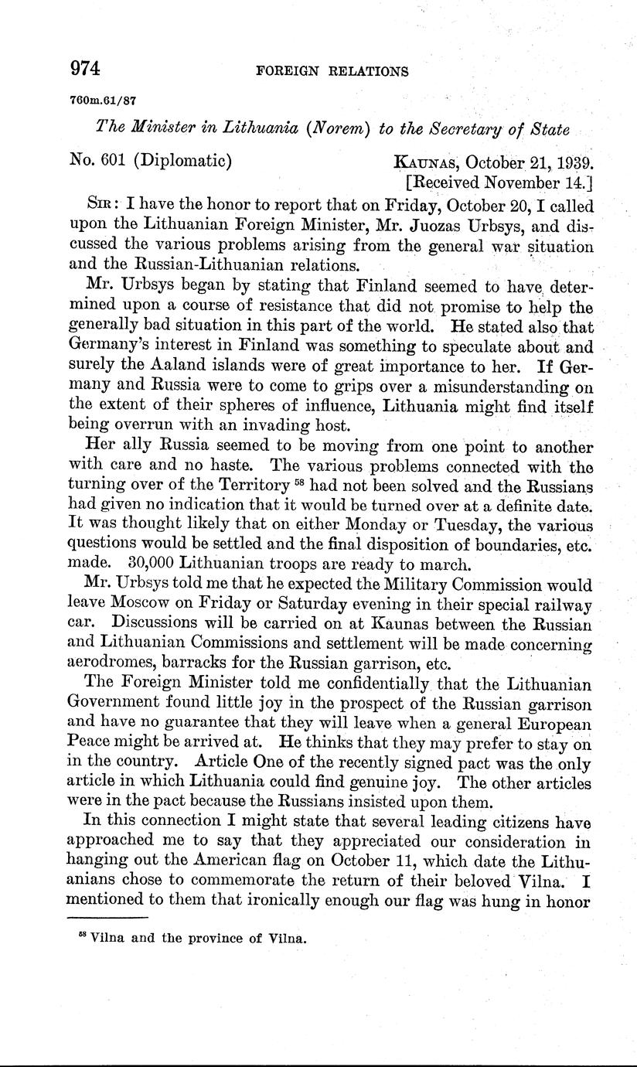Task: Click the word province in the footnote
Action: tap(208, 940)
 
